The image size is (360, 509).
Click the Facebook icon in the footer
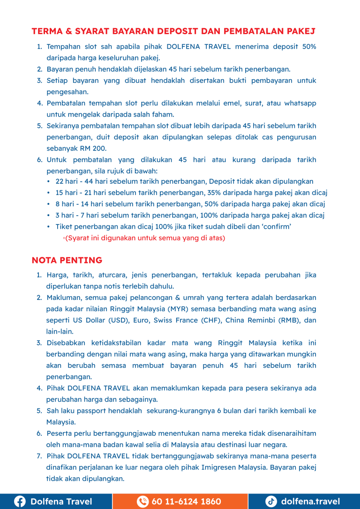pos(20,501)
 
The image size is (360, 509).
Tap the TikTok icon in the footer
pos(271,501)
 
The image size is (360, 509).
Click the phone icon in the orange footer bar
pos(142,501)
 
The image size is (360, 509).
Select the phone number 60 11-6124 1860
pos(186,501)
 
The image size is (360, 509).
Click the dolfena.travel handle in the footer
pos(310,501)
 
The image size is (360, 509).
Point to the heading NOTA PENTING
pos(67,260)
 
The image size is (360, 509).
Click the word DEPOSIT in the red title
pos(176,31)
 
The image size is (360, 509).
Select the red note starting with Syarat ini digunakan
pos(145,238)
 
